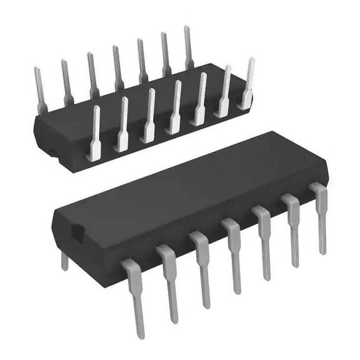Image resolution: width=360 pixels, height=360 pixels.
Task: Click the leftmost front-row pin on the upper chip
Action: click(94, 131)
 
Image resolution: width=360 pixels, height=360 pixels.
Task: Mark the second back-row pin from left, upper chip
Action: click(66, 81)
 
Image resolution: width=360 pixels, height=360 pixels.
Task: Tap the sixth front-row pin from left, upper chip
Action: click(224, 91)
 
